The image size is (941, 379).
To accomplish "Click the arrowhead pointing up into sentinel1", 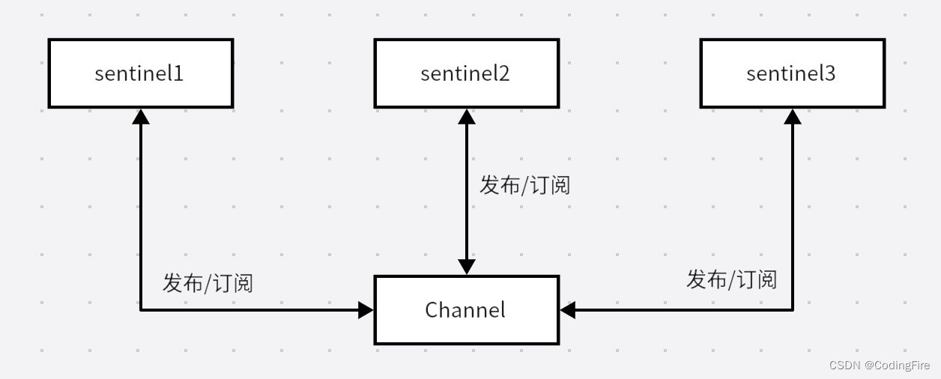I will click(141, 116).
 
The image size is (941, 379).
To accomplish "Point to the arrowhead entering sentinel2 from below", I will click(467, 116).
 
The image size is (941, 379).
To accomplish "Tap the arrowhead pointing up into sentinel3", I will click(793, 116).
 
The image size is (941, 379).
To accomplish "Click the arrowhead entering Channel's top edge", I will click(467, 267).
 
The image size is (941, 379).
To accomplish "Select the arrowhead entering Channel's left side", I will click(366, 309).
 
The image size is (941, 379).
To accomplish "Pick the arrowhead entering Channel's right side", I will click(567, 309).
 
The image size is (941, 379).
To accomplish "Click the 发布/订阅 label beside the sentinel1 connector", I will click(208, 283).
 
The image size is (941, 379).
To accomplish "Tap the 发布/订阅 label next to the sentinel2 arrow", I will click(524, 184).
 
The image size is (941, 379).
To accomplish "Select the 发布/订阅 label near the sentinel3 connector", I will click(731, 279).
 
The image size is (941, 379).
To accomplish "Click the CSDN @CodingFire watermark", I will click(880, 365).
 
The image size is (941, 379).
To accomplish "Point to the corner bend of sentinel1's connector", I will click(141, 309).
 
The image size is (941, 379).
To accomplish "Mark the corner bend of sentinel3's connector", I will click(793, 309).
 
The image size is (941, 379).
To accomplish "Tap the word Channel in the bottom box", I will click(465, 309).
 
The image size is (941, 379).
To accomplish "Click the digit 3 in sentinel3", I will click(829, 73).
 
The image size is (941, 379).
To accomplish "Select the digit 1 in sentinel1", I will click(178, 73).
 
